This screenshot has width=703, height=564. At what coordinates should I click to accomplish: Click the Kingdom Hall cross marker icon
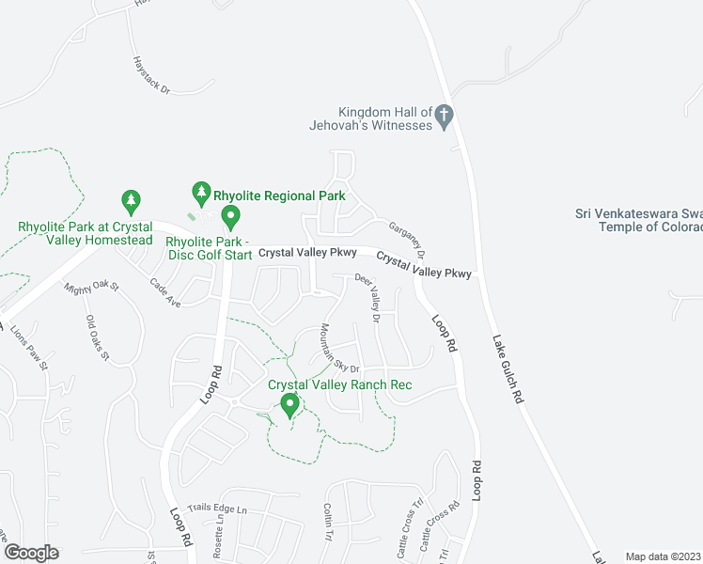[x=445, y=117]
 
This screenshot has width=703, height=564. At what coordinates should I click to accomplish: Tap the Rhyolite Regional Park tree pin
[x=200, y=194]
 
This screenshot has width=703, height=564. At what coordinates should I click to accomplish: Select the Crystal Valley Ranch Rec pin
[x=289, y=406]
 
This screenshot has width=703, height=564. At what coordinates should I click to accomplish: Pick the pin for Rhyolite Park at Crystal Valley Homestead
[x=131, y=201]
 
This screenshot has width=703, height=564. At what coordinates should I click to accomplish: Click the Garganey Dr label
[x=408, y=242]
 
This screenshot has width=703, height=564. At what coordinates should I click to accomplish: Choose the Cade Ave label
[x=164, y=289]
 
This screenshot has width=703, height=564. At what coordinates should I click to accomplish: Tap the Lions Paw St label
[x=27, y=349]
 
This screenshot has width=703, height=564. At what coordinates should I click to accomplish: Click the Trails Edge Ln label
[x=216, y=509]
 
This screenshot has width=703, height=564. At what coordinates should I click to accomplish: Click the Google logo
[x=31, y=553]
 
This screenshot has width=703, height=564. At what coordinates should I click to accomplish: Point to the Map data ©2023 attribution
[x=662, y=556]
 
